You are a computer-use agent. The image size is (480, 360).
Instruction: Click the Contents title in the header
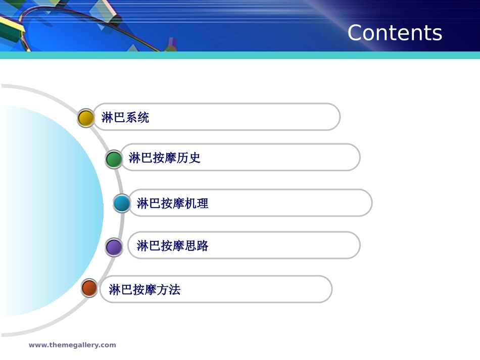tap(395, 33)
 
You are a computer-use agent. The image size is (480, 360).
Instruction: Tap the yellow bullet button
tap(86, 118)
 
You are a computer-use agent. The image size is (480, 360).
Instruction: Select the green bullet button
tap(114, 159)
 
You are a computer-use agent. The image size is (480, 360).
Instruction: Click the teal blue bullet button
tap(122, 203)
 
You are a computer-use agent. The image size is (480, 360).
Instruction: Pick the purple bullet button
tap(114, 247)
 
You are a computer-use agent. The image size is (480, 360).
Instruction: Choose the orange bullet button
tap(89, 288)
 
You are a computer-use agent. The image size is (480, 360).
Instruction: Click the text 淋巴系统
tap(125, 118)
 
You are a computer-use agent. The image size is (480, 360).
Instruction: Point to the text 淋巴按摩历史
tap(165, 158)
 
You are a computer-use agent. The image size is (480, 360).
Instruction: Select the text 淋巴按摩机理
tap(173, 203)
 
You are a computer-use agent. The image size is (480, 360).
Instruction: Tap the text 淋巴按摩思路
tap(173, 246)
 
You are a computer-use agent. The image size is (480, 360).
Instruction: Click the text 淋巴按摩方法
tap(145, 290)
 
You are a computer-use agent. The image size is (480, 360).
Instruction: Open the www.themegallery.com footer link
tap(72, 345)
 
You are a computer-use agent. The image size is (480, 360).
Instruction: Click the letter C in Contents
tap(357, 33)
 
